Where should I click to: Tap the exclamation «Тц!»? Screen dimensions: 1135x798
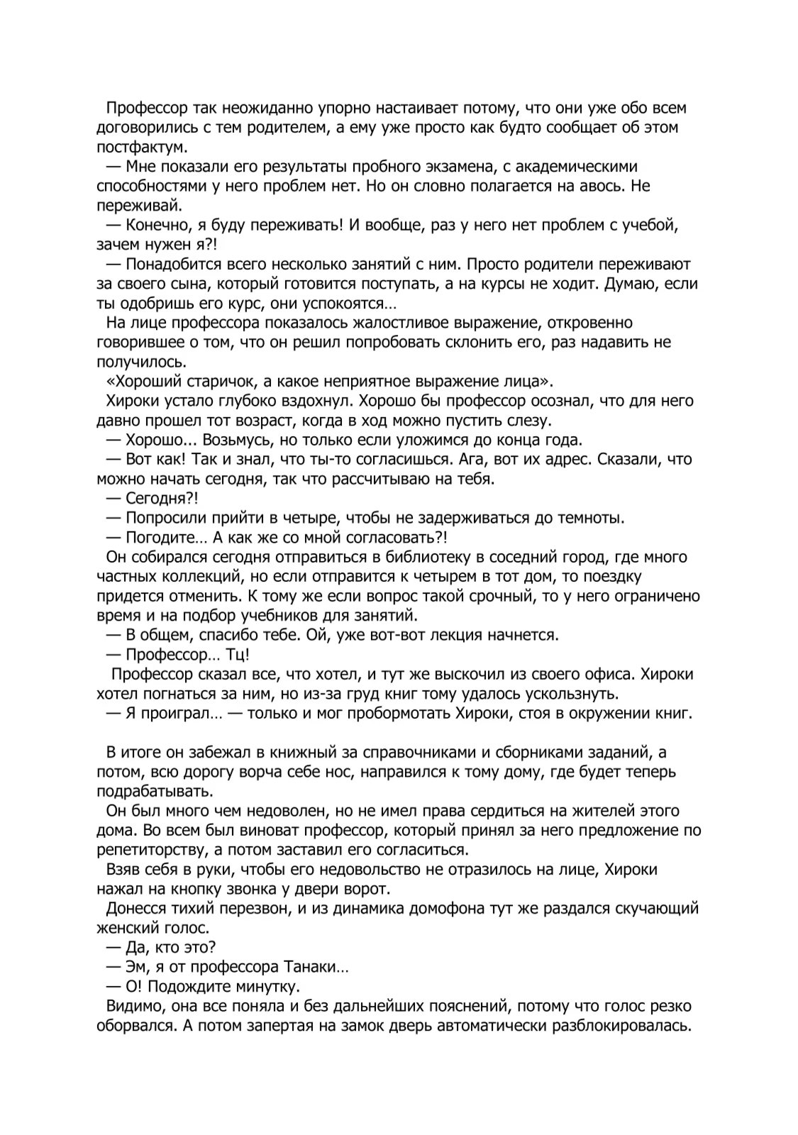[235, 655]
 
